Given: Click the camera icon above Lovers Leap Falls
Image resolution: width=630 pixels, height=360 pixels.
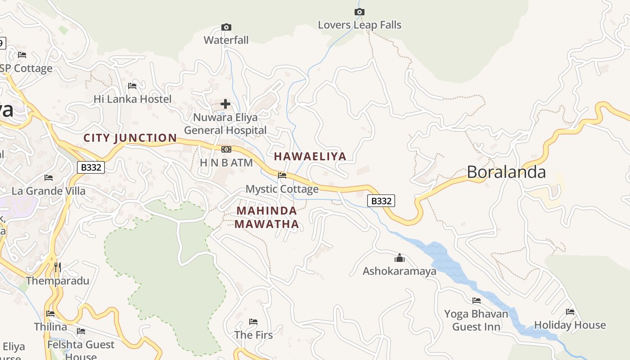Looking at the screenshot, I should point(359,12).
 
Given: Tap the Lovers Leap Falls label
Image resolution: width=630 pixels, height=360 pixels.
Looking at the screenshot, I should point(359,25).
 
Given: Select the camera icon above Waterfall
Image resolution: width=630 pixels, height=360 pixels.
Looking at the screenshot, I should point(226,27).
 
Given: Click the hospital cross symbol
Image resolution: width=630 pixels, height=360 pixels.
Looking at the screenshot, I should point(225,104).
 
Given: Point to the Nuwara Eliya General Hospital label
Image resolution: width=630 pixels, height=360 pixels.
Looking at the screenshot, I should point(225,124).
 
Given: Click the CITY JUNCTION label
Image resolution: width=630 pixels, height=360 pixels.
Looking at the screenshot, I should point(130,138).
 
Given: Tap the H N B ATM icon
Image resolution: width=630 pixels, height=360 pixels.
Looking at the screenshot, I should point(226,149).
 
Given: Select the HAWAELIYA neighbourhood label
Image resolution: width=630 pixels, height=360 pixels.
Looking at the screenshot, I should point(310,157).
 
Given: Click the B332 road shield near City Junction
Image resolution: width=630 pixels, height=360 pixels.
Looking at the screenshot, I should point(91,168).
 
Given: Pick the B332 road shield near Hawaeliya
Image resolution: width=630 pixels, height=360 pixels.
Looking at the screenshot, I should point(381,201).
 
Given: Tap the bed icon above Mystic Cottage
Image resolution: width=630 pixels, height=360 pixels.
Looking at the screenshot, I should point(282,175).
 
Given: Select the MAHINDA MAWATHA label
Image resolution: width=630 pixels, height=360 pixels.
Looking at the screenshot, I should point(267,217).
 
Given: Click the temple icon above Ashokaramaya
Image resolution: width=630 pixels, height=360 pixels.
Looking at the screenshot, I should point(399,258).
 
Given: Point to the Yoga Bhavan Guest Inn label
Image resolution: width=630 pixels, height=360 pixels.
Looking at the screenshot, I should point(476,320).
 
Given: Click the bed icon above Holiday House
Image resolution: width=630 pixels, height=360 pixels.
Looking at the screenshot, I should point(570,312).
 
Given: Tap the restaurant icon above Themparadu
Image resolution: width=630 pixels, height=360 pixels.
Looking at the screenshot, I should point(57,268).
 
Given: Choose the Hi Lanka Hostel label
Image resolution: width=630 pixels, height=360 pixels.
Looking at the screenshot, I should point(132,99).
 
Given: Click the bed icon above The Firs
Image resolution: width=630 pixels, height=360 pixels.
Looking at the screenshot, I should point(253,322).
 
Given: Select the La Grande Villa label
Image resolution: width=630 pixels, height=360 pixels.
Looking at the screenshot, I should point(49,191).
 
